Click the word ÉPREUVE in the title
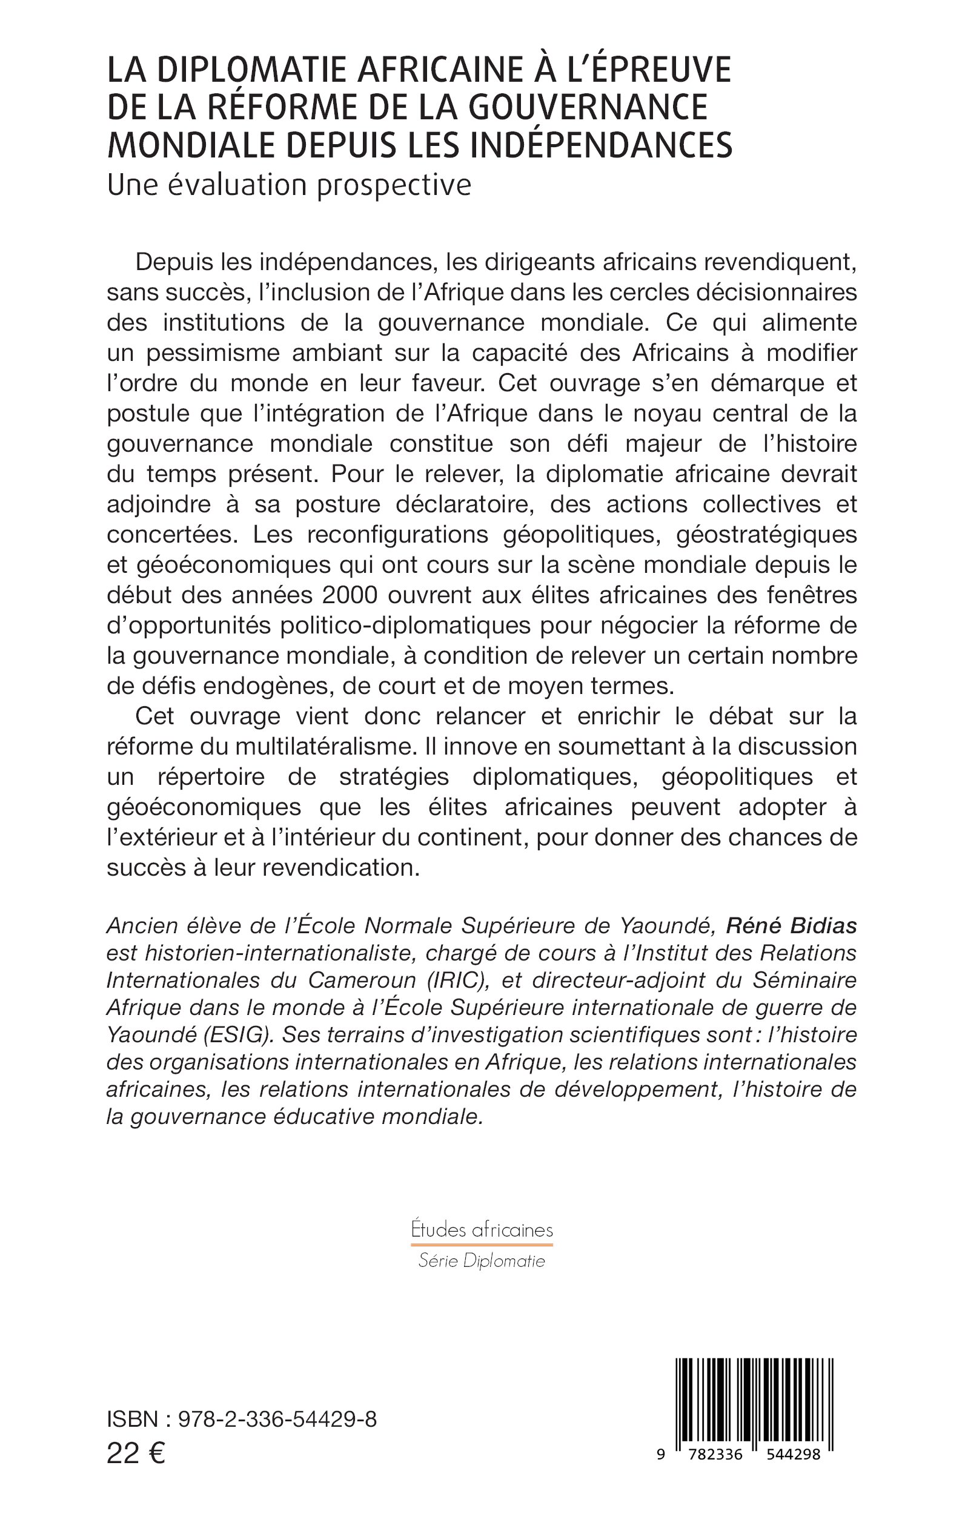[657, 70]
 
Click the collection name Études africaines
[482, 1229]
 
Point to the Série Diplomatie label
[482, 1261]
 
